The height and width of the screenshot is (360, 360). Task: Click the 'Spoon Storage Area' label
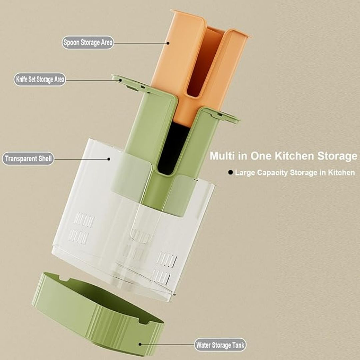[x=88, y=42]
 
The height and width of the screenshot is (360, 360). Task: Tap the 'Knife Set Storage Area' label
[x=40, y=79]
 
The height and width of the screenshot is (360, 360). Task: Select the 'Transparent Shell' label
[x=28, y=159]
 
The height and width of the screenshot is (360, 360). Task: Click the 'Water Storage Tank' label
[x=220, y=345]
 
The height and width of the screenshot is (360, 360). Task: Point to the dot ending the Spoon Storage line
[x=168, y=43]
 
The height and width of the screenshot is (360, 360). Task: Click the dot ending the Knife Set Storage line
[x=121, y=80]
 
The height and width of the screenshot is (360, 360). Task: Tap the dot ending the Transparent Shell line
[x=109, y=159]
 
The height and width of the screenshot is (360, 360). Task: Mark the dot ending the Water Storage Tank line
[x=140, y=344]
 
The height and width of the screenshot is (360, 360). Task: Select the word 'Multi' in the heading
[x=222, y=156]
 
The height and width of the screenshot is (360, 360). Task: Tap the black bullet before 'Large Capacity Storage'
[x=231, y=172]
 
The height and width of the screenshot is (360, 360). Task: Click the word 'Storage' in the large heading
[x=337, y=156]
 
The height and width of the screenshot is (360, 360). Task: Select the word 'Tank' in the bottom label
[x=238, y=345]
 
